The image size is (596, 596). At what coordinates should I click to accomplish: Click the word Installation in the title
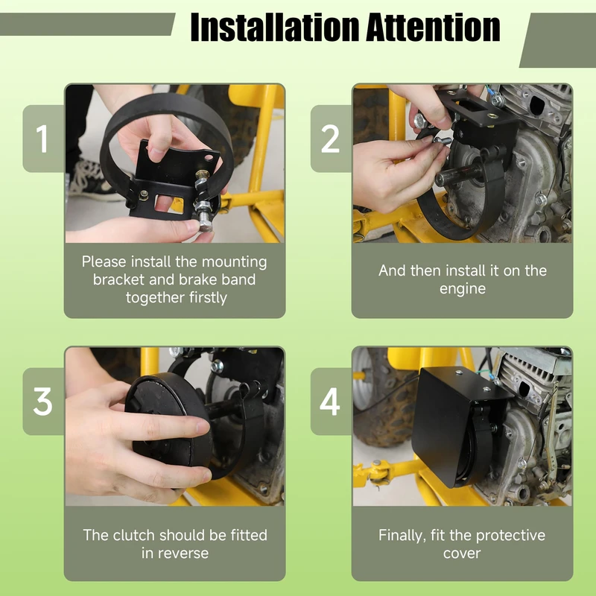[x=275, y=28]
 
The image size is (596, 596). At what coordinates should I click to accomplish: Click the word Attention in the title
[x=434, y=28]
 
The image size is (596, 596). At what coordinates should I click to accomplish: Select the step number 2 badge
[x=331, y=139]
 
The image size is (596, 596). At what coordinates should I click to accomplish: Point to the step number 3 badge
[x=43, y=402]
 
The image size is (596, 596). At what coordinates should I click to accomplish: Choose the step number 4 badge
[x=331, y=402]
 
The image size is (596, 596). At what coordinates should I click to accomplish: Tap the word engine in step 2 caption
[x=463, y=289]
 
